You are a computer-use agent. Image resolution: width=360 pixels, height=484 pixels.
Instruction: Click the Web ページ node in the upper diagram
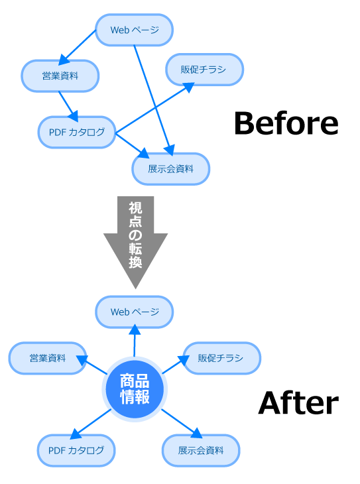(134, 30)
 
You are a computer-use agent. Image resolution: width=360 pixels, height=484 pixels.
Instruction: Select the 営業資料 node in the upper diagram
(60, 76)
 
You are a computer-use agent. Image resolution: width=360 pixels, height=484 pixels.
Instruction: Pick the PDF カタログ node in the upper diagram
(77, 133)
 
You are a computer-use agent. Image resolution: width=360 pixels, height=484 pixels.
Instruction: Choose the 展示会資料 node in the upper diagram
(170, 169)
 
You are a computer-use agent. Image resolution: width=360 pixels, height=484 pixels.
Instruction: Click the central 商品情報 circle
(135, 389)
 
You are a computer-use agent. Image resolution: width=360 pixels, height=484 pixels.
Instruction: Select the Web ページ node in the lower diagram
(134, 312)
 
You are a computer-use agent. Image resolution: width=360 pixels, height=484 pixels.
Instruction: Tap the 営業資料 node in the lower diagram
(48, 359)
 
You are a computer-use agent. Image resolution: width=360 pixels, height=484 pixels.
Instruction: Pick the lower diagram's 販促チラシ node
(221, 359)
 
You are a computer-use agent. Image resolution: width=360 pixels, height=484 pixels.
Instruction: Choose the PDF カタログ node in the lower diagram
(76, 451)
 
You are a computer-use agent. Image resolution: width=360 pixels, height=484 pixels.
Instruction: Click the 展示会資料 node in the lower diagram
(200, 451)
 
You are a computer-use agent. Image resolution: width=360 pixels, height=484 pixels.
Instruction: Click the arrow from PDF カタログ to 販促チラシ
(154, 108)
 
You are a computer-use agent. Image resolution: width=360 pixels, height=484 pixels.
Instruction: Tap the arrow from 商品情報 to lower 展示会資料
(180, 422)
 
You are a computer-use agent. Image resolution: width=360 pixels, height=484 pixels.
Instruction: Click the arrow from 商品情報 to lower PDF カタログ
(91, 424)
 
